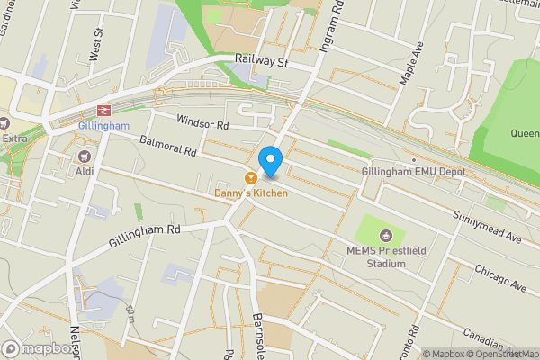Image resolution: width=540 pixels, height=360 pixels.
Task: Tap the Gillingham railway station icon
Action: click(x=103, y=111)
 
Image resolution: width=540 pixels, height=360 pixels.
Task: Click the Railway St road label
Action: click(x=260, y=62)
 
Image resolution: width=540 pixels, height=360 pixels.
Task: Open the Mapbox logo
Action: click(x=39, y=349)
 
